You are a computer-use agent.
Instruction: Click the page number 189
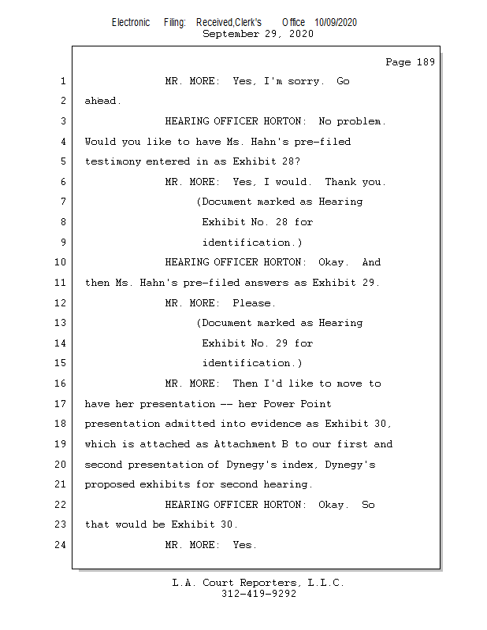coord(426,63)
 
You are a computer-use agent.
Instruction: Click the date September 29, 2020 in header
coord(258,35)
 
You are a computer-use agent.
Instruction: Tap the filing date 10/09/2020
coord(335,23)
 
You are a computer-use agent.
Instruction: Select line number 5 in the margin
coord(63,161)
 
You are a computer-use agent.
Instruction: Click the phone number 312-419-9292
coord(258,595)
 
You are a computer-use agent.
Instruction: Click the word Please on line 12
coord(253,303)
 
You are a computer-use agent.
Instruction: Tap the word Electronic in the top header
coord(131,23)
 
